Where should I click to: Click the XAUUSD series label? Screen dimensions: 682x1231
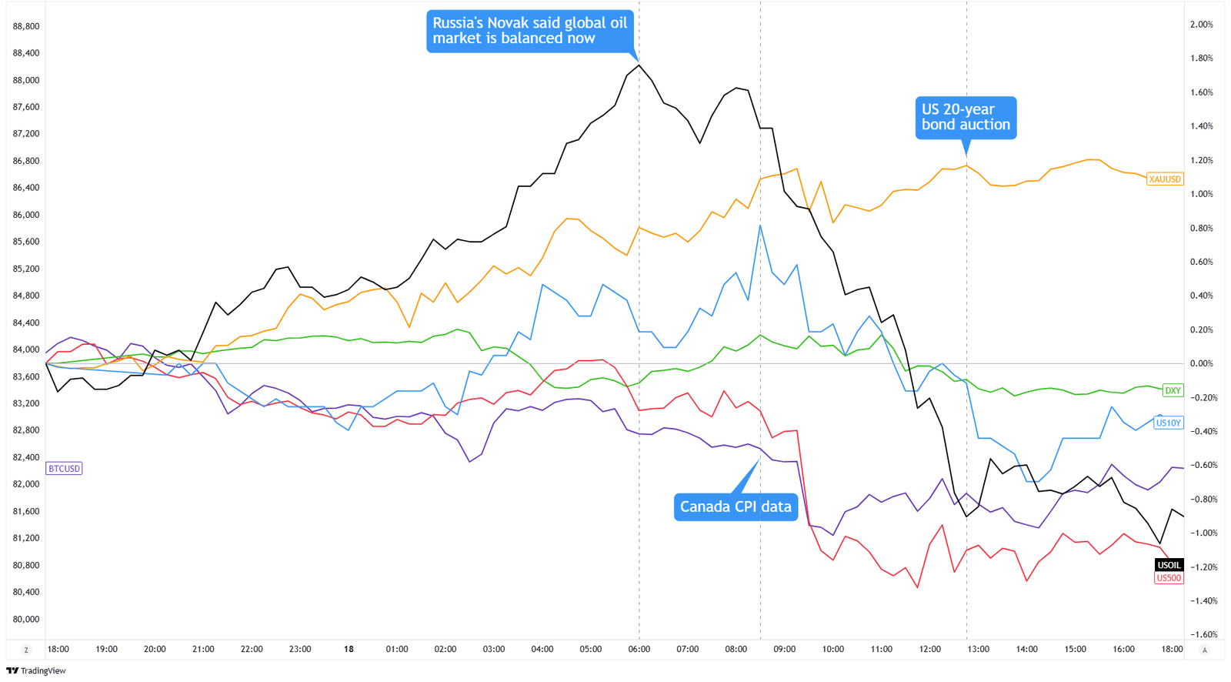tap(1164, 179)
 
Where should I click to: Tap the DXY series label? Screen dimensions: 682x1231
tap(1173, 390)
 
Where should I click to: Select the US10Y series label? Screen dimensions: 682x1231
tap(1168, 423)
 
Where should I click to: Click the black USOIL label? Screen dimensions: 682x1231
tap(1169, 565)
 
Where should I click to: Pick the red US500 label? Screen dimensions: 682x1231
tap(1168, 578)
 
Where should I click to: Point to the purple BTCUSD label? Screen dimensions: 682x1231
tap(64, 468)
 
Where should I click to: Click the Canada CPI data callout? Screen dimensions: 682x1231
tap(735, 506)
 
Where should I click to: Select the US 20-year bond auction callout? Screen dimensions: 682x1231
tap(966, 117)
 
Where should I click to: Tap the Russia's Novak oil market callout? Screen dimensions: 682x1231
tap(529, 31)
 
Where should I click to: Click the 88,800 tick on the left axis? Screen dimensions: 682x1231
tap(26, 26)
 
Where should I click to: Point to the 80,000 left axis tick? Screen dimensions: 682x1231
tap(26, 619)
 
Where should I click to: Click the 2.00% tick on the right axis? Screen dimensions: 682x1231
tap(1201, 25)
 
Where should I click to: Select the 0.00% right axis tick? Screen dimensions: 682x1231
tap(1201, 363)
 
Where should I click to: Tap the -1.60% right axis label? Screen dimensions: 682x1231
tap(1201, 634)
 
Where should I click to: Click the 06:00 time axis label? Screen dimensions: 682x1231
tap(639, 649)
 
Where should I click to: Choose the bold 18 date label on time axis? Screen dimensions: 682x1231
tap(349, 649)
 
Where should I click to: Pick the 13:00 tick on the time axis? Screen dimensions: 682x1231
tap(978, 649)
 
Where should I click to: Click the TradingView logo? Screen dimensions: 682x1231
tap(36, 670)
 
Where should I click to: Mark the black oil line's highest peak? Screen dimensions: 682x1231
tap(639, 65)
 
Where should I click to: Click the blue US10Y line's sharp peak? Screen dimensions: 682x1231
tap(760, 226)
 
